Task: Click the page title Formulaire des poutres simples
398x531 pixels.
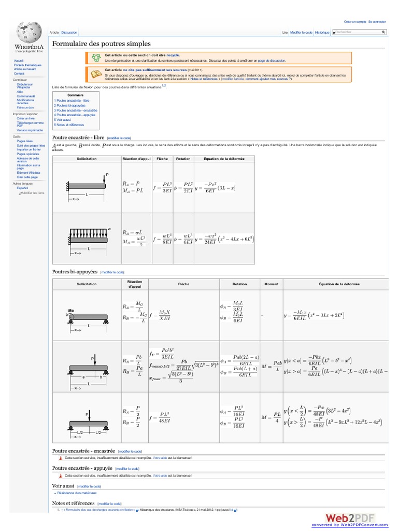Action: pos(102,44)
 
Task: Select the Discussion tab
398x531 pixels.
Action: pos(69,32)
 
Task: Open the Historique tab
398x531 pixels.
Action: pos(322,32)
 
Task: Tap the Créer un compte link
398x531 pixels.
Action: pos(355,22)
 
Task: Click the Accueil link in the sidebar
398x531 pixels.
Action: pos(19,61)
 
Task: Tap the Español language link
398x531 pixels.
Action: pos(22,188)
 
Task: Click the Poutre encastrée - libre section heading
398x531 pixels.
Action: pos(78,137)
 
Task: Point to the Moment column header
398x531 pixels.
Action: pos(271,284)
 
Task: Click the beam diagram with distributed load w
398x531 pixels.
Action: pos(87,239)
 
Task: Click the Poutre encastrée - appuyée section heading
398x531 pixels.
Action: pos(82,468)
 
